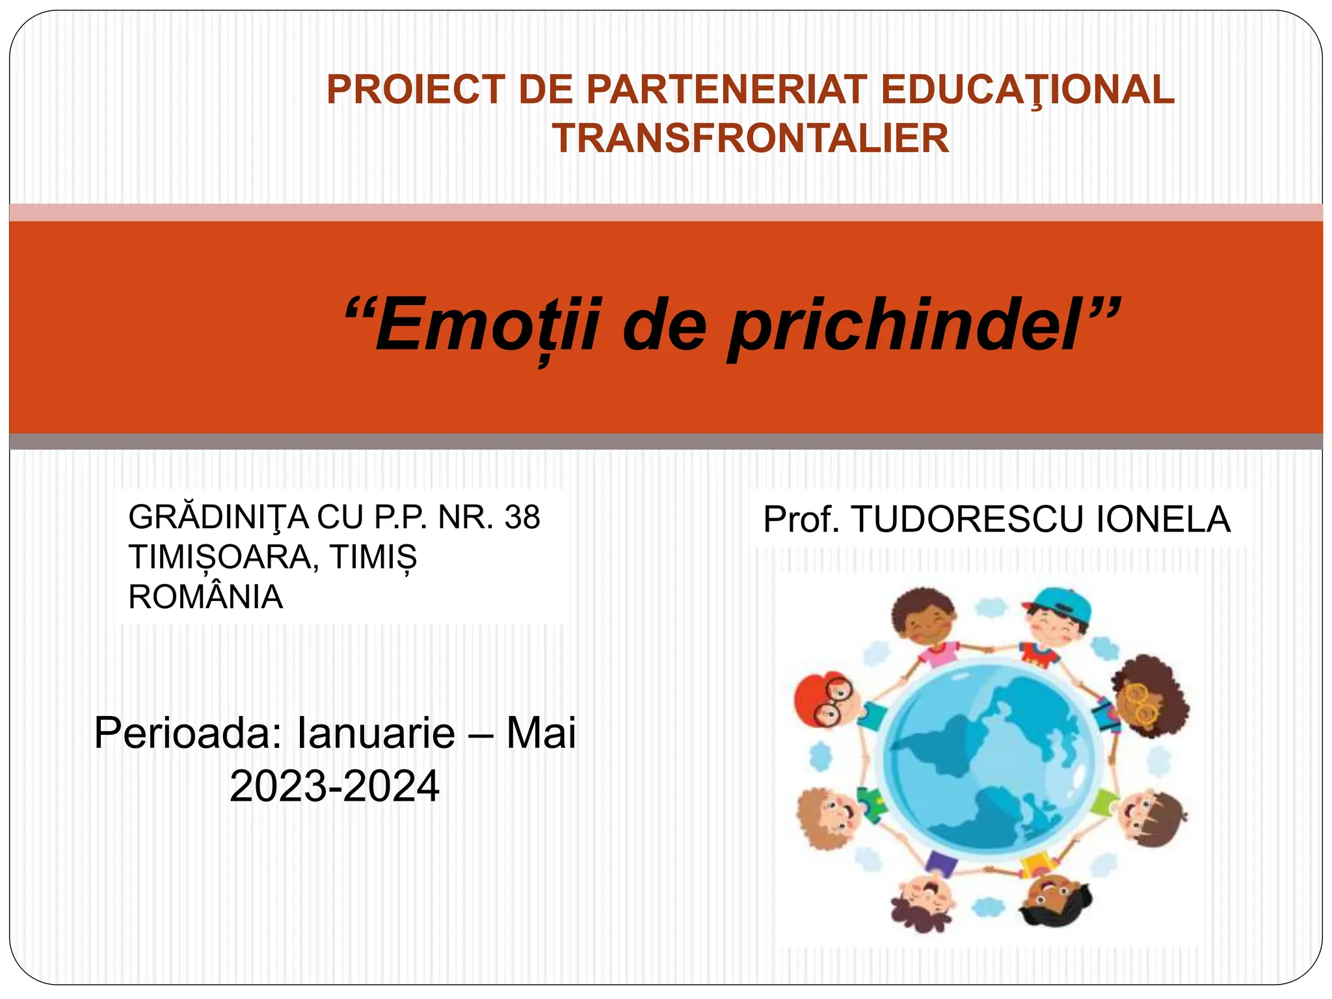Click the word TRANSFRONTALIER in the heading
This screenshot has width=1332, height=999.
(751, 139)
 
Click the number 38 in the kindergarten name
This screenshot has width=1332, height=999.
(522, 518)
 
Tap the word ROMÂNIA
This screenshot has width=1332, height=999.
(206, 597)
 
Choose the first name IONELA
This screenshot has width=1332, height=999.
(1164, 519)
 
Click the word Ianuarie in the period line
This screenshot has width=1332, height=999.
(376, 733)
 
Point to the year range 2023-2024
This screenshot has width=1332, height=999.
(334, 786)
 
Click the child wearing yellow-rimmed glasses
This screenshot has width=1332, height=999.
(1147, 699)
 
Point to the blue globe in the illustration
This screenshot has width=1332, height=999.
(989, 761)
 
